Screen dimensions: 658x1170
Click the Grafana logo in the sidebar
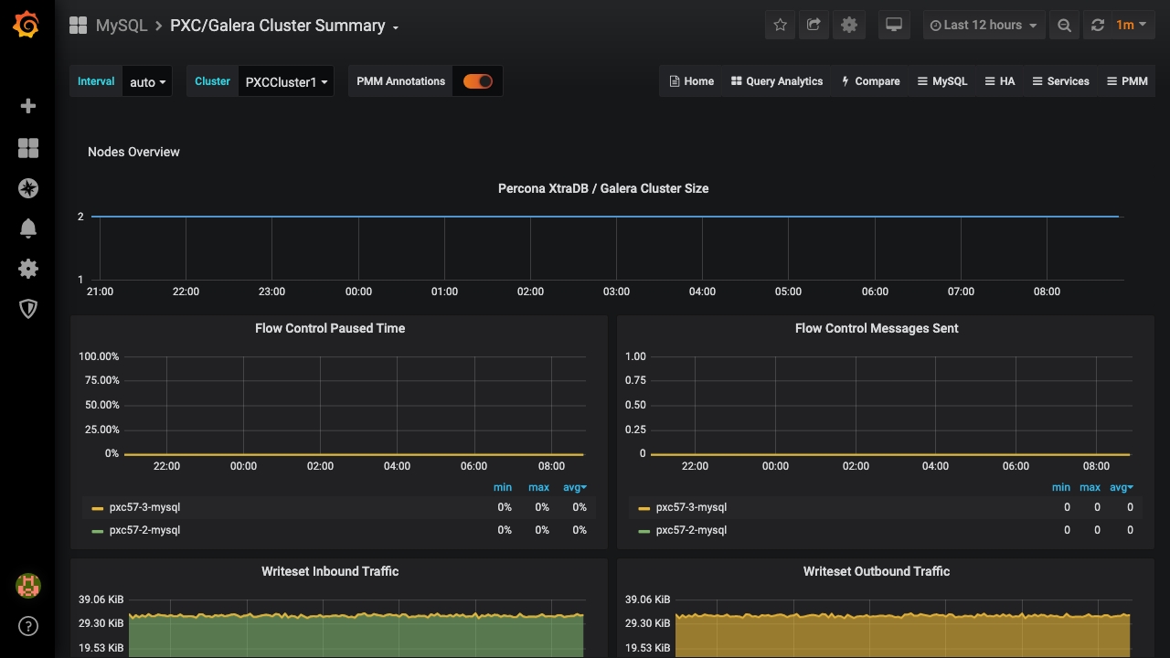click(27, 25)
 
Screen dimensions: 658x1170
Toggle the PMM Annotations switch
click(477, 81)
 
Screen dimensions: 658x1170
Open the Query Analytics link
click(777, 81)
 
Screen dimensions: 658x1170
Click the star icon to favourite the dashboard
click(780, 26)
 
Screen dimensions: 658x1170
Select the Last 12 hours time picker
click(983, 26)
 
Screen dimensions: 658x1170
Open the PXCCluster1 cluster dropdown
click(285, 82)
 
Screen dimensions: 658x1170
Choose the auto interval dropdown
click(147, 82)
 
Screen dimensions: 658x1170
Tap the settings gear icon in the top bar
click(849, 26)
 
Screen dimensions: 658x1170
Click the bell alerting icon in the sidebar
click(28, 228)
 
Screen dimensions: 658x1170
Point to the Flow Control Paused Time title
click(330, 328)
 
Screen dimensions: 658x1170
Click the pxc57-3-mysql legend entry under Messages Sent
click(691, 507)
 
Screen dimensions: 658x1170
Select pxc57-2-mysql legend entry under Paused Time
click(144, 530)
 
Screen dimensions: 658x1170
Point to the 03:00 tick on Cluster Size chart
click(616, 292)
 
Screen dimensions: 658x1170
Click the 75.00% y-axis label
click(99, 380)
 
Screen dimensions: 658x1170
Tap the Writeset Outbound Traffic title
click(876, 571)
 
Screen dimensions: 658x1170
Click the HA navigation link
click(1000, 81)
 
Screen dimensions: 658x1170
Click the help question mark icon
click(28, 626)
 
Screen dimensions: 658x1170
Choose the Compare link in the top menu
click(870, 81)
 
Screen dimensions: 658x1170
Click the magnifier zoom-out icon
click(1064, 26)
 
